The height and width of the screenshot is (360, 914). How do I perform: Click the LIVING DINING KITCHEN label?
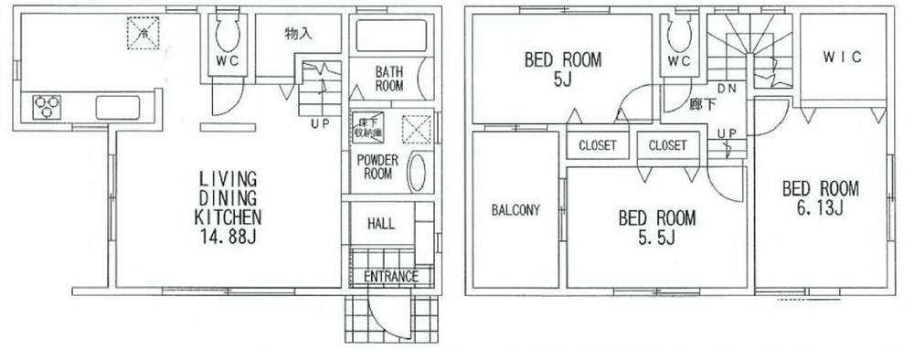pos(228,197)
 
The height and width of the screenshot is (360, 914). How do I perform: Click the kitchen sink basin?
pos(118,107)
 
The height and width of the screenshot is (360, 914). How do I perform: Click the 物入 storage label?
pos(299,35)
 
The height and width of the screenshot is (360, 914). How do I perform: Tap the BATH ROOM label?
pos(388,78)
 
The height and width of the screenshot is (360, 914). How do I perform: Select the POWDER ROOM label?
pos(378,167)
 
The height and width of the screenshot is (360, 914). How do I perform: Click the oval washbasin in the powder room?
pos(417,173)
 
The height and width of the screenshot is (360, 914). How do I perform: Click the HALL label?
pos(380,224)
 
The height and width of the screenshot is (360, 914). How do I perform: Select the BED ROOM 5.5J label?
pos(656,228)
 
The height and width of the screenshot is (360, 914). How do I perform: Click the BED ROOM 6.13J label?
pos(820,198)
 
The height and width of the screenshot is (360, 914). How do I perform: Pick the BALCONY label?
pos(516,209)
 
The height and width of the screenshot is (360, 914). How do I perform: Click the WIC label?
pos(844,57)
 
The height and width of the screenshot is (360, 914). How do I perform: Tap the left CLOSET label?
pos(597,145)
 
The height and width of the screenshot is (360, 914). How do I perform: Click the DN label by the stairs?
pos(729,90)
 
